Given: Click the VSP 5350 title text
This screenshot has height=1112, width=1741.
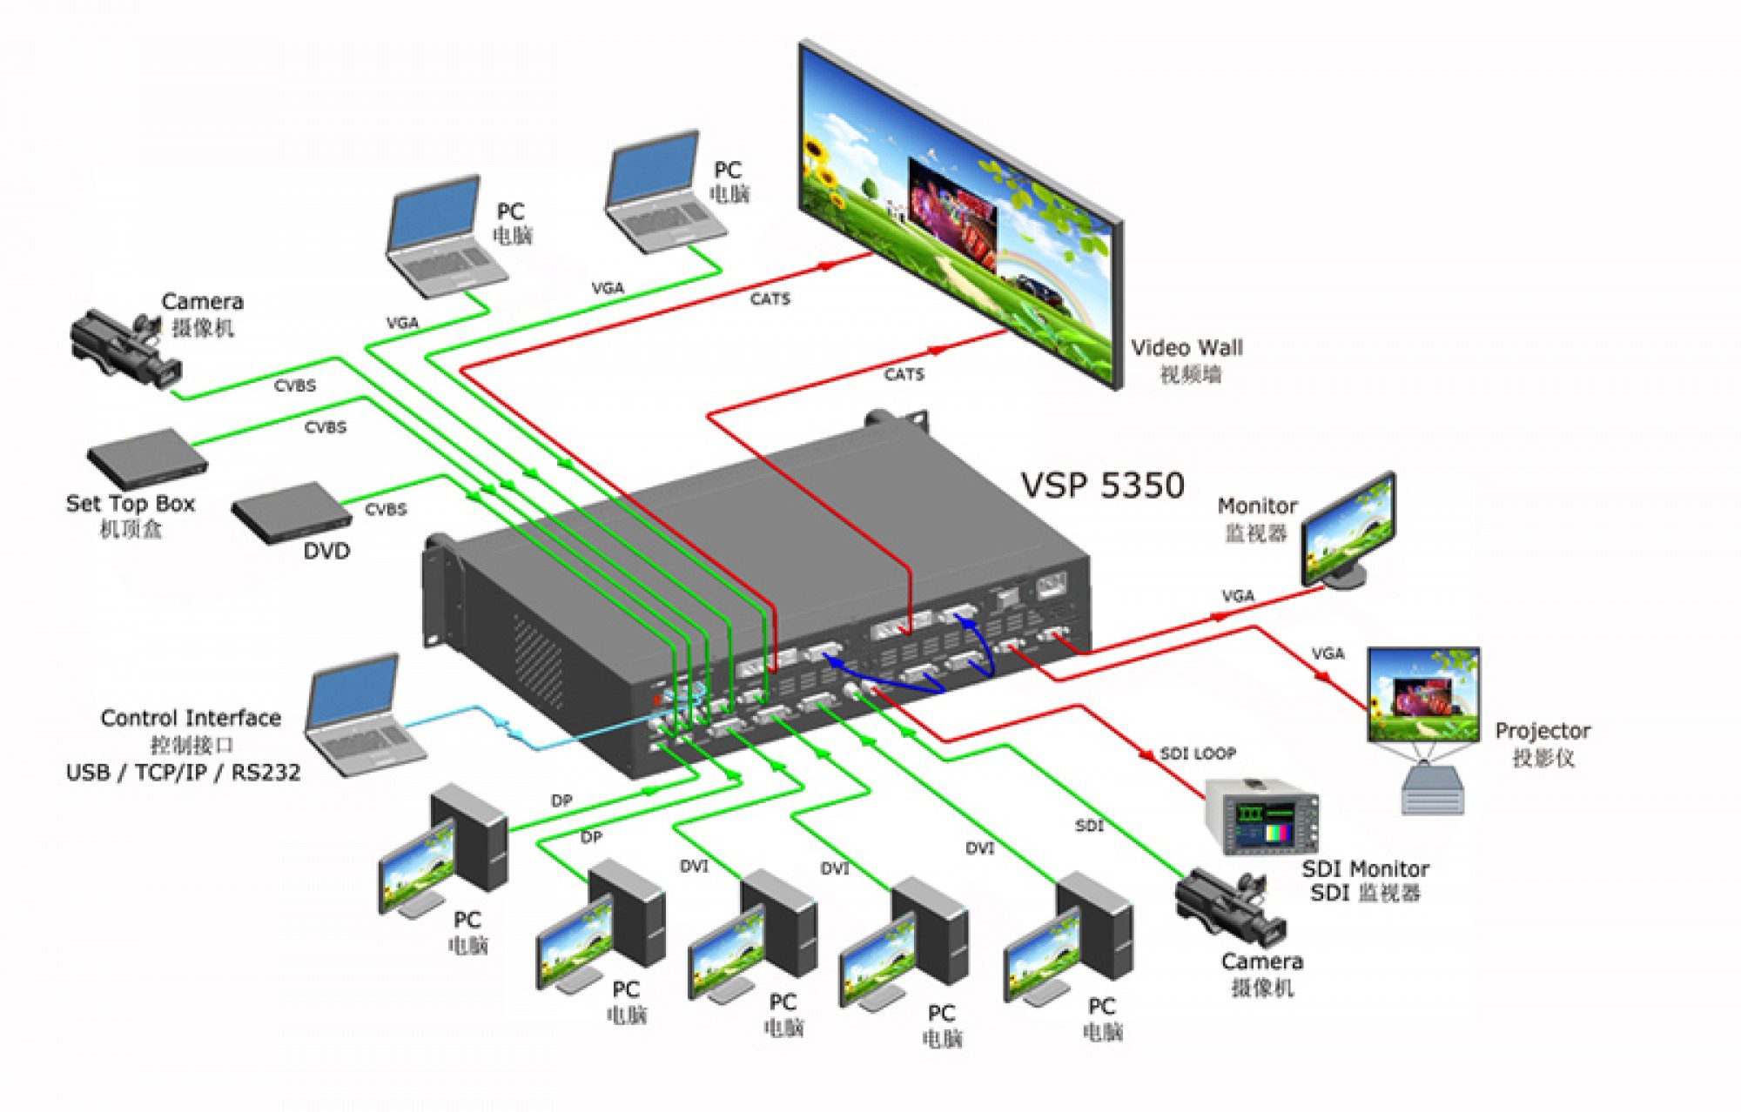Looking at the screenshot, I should coord(1101,485).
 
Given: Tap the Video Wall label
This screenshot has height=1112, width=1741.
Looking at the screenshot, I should coord(1186,348).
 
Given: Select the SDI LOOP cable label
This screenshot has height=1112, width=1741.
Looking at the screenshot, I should coord(1198,754).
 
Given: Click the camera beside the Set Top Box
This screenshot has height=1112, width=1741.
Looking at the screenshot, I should coord(126,348).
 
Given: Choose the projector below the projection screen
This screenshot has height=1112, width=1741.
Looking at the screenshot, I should coord(1432,787).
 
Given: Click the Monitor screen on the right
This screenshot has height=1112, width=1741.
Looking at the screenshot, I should coord(1348,531).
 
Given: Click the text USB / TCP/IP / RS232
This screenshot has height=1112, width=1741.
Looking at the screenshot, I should coord(183,773).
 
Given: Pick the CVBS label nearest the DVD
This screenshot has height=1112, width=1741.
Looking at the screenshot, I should coord(386,509).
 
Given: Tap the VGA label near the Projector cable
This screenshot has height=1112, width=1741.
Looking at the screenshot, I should coord(1328,653).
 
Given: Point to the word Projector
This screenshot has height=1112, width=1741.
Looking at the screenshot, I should coord(1542,731).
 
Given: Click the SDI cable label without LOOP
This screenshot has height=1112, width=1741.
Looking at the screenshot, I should coord(1089,825).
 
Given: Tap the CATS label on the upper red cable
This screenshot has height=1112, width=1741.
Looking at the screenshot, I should coord(770,299).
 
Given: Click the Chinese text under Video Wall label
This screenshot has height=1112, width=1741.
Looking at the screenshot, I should coord(1190,375).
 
